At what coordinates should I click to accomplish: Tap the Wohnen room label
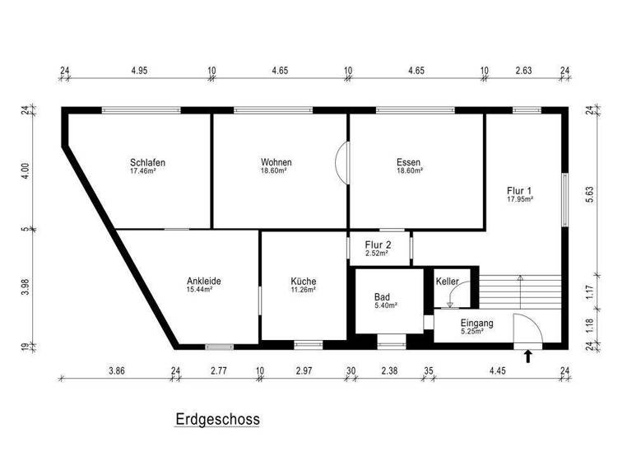click(x=276, y=162)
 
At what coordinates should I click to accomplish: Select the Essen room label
click(x=409, y=162)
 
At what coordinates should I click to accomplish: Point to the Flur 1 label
click(x=520, y=190)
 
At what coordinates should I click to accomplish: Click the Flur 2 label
click(x=377, y=244)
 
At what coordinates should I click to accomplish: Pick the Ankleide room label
click(x=203, y=281)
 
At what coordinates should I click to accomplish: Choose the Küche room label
click(x=303, y=281)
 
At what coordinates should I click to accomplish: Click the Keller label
click(x=448, y=282)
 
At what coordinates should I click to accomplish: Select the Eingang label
click(x=476, y=324)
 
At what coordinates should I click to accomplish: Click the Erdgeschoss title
click(x=217, y=419)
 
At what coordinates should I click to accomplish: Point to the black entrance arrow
click(x=528, y=356)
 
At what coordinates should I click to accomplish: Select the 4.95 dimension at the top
click(x=138, y=72)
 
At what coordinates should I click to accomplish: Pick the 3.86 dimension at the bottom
click(x=117, y=371)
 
